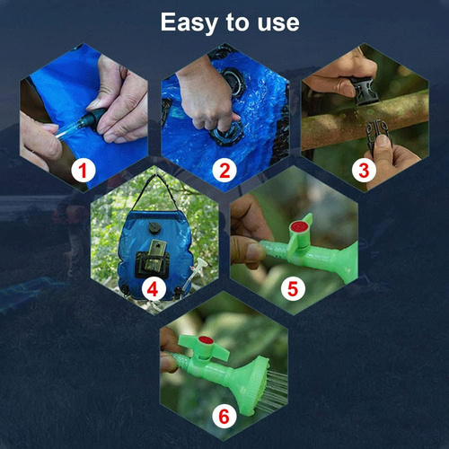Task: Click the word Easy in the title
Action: click(x=188, y=22)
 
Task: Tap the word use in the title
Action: click(x=275, y=22)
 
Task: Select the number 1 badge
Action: click(x=83, y=169)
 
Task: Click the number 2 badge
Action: click(x=224, y=169)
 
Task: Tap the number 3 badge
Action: click(x=365, y=169)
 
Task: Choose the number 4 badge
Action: click(x=153, y=289)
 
